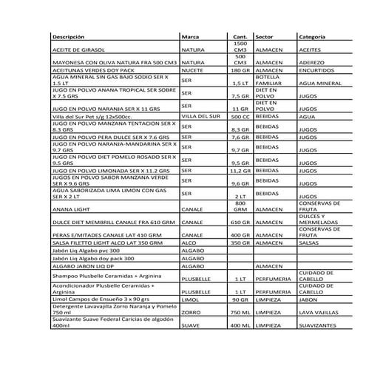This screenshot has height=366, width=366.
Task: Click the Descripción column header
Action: [74, 35]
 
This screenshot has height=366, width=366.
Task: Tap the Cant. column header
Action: [240, 35]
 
